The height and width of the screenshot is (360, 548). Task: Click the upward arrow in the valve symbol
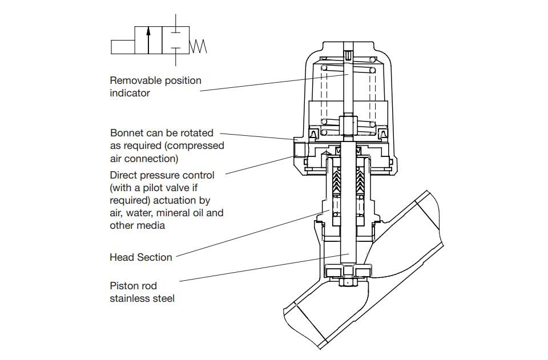point(148,39)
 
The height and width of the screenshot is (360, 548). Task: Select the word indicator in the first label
point(130,93)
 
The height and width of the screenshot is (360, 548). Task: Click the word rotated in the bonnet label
point(195,133)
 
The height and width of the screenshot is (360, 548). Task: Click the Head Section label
point(140,257)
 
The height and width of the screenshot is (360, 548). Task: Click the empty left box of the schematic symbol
point(123,47)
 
